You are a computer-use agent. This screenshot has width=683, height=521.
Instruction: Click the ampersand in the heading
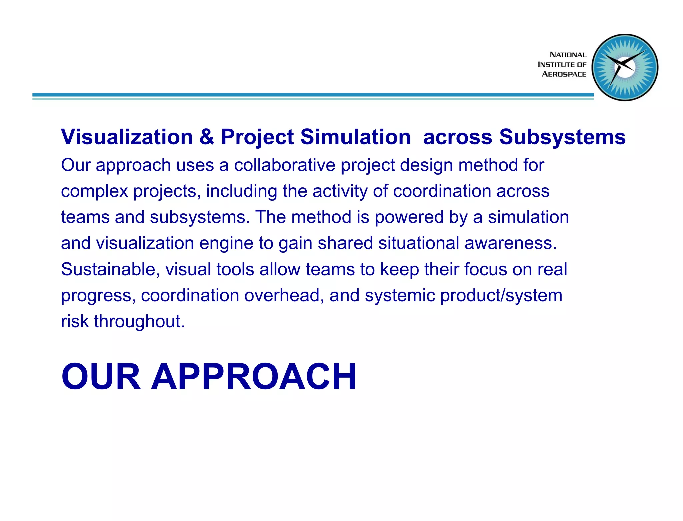207,137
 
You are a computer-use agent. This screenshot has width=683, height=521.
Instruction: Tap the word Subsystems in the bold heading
562,137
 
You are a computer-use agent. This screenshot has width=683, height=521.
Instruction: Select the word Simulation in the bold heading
355,137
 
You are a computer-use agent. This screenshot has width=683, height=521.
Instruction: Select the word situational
419,243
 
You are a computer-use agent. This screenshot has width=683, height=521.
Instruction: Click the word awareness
510,243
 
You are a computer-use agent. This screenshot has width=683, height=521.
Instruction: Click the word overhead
284,296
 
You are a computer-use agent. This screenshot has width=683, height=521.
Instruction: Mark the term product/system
501,296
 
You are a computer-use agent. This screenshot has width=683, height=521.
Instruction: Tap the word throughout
139,322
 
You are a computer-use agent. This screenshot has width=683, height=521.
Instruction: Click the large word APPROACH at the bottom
254,377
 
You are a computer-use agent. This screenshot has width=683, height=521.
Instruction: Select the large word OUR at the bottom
101,377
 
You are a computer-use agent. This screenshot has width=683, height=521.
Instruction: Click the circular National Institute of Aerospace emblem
625,67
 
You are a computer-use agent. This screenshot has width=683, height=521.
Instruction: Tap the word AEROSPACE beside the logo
564,74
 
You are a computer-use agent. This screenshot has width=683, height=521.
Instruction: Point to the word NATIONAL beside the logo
568,55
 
